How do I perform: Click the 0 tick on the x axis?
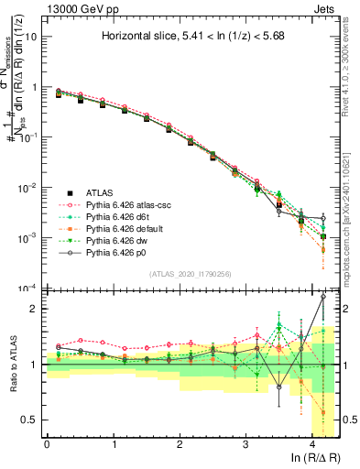(47, 443)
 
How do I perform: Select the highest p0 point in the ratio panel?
(322, 297)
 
